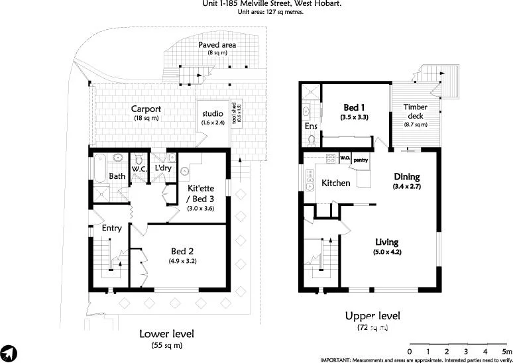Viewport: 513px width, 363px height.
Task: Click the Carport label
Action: click(x=146, y=109)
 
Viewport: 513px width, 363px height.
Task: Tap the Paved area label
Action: click(x=217, y=45)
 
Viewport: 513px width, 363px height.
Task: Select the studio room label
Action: click(x=213, y=114)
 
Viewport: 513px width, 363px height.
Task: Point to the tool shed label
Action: click(x=234, y=115)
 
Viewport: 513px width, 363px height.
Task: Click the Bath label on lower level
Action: click(x=117, y=176)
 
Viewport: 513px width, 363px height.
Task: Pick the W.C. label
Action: click(x=139, y=170)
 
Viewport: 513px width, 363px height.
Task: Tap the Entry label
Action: click(x=111, y=228)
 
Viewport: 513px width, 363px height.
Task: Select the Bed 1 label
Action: click(x=354, y=107)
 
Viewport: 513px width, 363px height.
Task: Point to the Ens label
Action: click(x=310, y=127)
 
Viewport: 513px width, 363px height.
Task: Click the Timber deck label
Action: click(x=416, y=112)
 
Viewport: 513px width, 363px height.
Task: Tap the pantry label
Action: click(x=361, y=159)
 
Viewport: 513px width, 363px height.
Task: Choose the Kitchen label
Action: click(x=336, y=182)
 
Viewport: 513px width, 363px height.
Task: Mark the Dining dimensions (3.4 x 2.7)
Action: click(x=407, y=187)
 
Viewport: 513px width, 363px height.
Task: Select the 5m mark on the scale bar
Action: click(x=506, y=350)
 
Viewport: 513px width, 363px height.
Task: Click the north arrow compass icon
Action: click(x=9, y=352)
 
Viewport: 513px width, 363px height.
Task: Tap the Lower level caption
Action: click(x=166, y=334)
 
